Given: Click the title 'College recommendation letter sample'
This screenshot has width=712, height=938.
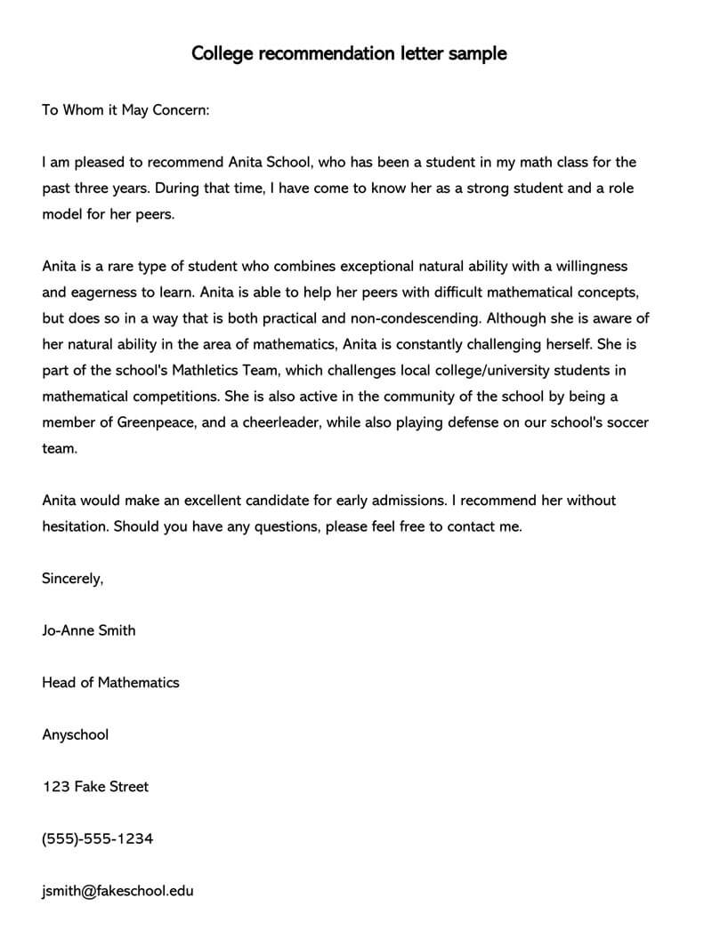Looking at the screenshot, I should click(349, 53).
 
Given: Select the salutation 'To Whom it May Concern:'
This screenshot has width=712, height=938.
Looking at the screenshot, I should click(125, 110).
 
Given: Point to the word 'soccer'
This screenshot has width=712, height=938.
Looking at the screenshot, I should click(627, 422).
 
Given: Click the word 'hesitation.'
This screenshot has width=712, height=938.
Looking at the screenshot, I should click(76, 526).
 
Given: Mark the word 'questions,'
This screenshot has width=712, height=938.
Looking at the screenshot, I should click(287, 526).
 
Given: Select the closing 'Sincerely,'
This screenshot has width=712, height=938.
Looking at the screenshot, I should click(73, 579).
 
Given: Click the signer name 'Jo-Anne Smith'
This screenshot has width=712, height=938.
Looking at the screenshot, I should click(89, 630).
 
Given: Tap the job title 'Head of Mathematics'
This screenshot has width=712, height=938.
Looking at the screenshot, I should click(110, 683).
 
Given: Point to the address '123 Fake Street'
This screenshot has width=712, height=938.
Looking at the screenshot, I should click(95, 787).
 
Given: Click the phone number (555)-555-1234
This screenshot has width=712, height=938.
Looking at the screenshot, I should click(97, 838).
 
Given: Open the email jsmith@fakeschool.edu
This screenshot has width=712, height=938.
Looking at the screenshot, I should click(117, 891).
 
